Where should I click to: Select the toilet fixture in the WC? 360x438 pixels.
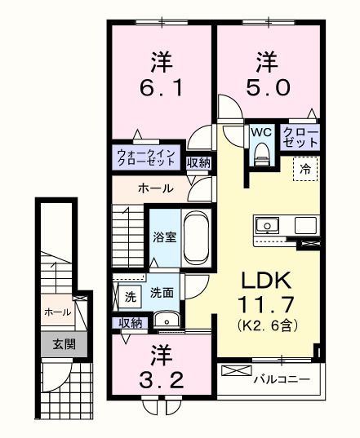click(260, 153)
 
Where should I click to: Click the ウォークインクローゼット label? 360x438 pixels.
click(145, 157)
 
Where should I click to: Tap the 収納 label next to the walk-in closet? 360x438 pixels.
click(198, 162)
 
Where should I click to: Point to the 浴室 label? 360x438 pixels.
click(164, 237)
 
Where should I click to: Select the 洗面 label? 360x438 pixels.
click(162, 293)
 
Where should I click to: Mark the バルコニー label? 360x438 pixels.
click(280, 379)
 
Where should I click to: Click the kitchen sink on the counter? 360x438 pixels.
click(269, 225)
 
